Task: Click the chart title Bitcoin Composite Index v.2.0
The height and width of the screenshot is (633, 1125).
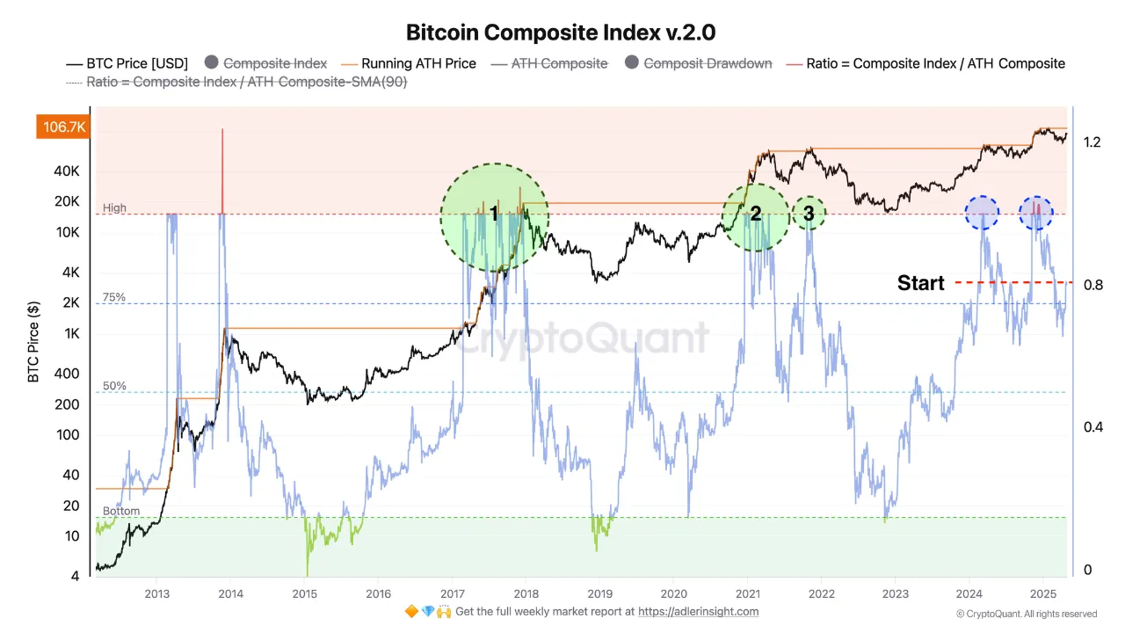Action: tap(561, 33)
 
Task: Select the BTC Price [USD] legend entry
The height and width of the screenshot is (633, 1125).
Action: tap(128, 63)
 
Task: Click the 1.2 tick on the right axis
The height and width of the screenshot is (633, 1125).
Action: tap(1092, 142)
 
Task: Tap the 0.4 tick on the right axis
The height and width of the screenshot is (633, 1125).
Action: tap(1092, 427)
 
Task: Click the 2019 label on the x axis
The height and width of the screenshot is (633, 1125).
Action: tap(599, 593)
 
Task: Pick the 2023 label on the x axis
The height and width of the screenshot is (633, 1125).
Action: tap(895, 593)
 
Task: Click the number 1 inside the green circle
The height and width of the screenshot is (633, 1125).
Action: tap(494, 214)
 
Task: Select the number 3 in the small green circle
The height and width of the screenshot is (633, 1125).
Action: tap(809, 213)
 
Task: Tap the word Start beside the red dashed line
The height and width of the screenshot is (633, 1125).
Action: tap(920, 283)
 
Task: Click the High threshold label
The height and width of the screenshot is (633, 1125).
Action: tap(114, 208)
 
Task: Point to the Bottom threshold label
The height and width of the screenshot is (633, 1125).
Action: tap(120, 511)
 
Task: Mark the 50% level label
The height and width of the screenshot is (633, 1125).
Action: tap(114, 386)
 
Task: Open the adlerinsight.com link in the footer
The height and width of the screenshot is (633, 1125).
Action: tap(698, 612)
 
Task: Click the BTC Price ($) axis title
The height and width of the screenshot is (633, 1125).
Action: tap(33, 341)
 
